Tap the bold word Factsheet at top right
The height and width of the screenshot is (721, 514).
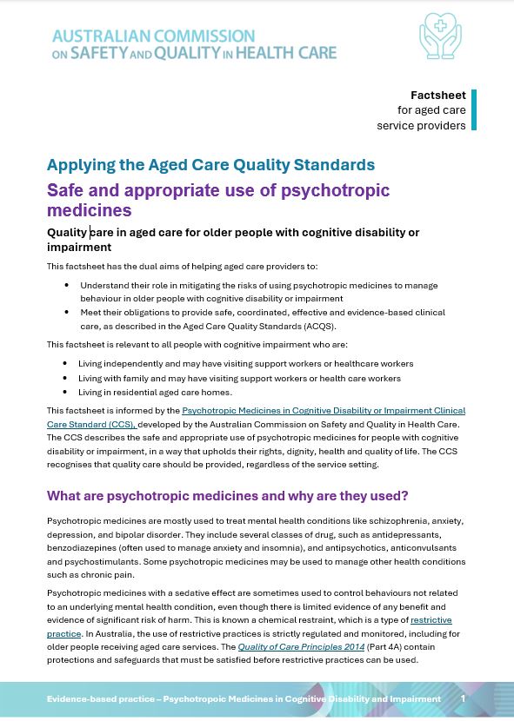point(437,95)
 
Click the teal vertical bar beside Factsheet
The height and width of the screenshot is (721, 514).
point(474,109)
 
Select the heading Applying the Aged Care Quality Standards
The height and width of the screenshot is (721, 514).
point(210,165)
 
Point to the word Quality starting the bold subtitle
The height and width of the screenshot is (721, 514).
point(67,232)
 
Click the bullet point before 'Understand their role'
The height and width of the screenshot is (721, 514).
point(67,285)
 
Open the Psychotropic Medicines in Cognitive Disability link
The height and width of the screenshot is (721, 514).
point(324,410)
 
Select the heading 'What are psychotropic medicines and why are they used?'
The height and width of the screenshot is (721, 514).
point(228,496)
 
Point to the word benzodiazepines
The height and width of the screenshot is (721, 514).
point(83,548)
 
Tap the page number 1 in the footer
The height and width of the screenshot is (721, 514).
point(463,698)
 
